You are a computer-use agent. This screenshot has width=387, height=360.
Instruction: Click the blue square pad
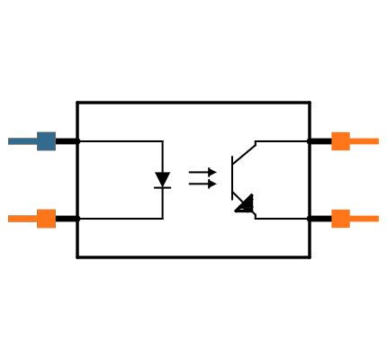(46, 141)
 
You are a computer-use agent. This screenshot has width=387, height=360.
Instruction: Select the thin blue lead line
(22, 141)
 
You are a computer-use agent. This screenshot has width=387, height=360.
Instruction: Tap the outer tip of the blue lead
(9, 141)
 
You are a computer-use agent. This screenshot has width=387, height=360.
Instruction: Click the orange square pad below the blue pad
(46, 219)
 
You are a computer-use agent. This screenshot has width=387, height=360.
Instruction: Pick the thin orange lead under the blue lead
(22, 219)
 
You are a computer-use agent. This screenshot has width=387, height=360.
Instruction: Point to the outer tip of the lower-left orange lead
(9, 219)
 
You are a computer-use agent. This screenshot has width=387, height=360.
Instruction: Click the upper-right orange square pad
(340, 141)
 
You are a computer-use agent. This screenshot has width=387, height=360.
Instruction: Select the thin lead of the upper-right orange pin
(364, 141)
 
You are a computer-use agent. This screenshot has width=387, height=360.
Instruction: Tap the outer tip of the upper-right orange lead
(378, 141)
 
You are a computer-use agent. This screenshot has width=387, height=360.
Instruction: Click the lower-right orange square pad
(340, 219)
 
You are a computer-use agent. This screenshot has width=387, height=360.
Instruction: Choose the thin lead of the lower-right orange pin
(364, 219)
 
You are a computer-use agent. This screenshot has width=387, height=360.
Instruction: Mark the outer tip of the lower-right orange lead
(378, 219)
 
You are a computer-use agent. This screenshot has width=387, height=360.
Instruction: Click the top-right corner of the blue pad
(55, 132)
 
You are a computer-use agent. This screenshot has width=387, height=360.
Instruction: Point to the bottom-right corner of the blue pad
(55, 150)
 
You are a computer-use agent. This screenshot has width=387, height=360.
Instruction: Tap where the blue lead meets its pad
(37, 141)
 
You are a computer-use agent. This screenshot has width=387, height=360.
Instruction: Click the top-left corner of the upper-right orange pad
(331, 132)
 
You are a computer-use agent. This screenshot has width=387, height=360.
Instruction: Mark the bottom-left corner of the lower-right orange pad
(331, 228)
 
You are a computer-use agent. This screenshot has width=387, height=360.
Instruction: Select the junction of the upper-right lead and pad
(349, 141)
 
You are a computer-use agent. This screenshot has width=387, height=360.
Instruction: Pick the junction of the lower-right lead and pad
(349, 219)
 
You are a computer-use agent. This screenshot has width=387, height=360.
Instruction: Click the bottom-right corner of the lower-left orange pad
(55, 228)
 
